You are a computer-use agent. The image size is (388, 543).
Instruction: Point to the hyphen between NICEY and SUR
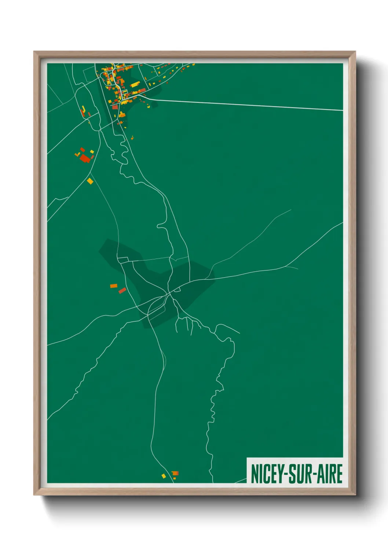pyautogui.click(x=286, y=474)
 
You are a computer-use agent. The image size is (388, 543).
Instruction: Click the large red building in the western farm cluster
pyautogui.click(x=85, y=158)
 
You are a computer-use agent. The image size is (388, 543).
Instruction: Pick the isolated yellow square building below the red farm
pyautogui.click(x=90, y=181)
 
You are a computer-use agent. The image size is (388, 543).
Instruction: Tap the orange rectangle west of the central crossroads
pyautogui.click(x=114, y=285)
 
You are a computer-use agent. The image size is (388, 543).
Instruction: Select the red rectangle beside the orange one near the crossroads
pyautogui.click(x=122, y=291)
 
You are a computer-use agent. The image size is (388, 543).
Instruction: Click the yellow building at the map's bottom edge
pyautogui.click(x=164, y=476)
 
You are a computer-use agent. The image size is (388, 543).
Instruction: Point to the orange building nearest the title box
pyautogui.click(x=175, y=473)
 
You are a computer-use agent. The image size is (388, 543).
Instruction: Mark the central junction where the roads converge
pyautogui.click(x=169, y=293)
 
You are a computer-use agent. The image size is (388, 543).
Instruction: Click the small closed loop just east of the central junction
pyautogui.click(x=178, y=290)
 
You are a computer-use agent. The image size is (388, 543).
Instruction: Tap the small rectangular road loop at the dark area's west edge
pyautogui.click(x=123, y=260)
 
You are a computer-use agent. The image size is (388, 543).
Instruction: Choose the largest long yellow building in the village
pyautogui.click(x=135, y=84)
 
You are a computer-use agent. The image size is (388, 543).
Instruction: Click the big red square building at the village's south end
pyautogui.click(x=115, y=107)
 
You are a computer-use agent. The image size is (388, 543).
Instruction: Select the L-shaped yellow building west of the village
pyautogui.click(x=83, y=109)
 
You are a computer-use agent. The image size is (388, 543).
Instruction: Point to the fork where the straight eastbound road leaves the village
pyautogui.click(x=146, y=98)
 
